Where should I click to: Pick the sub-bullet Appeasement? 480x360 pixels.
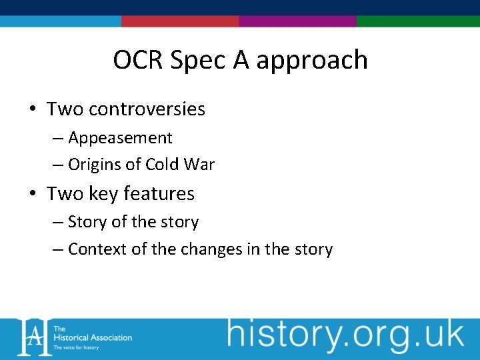pyautogui.click(x=120, y=138)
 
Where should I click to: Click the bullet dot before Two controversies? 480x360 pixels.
pyautogui.click(x=32, y=109)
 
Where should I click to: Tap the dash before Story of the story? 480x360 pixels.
pyautogui.click(x=59, y=222)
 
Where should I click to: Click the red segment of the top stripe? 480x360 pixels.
pyautogui.click(x=180, y=21)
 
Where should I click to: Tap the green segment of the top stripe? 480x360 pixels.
pyautogui.click(x=418, y=21)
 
